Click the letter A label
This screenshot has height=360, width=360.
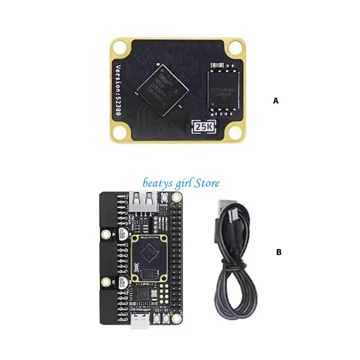click(x=276, y=101)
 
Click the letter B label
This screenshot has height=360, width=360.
click(x=279, y=252)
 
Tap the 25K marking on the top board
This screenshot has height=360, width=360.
click(x=203, y=127)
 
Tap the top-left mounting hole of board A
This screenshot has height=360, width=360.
click(x=121, y=47)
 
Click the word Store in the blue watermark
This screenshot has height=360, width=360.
click(x=206, y=183)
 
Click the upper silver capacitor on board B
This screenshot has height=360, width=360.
click(x=123, y=235)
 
